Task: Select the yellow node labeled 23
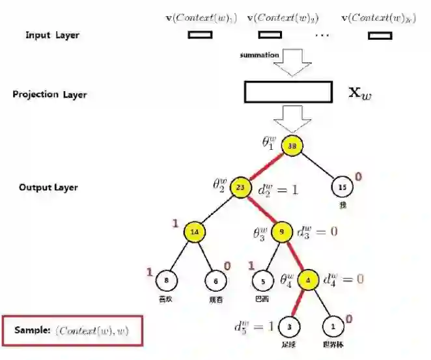click(x=240, y=187)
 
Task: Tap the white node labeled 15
click(x=342, y=187)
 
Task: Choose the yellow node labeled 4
click(x=308, y=281)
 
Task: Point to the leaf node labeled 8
click(x=167, y=281)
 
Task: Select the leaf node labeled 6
click(x=217, y=281)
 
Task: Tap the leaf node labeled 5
click(x=262, y=281)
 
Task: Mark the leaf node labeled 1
click(x=334, y=324)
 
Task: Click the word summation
click(x=259, y=55)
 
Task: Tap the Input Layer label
click(x=52, y=35)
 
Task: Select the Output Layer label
click(x=48, y=187)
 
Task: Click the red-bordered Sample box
click(x=72, y=331)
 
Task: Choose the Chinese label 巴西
click(x=262, y=299)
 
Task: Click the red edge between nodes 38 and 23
click(x=266, y=167)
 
